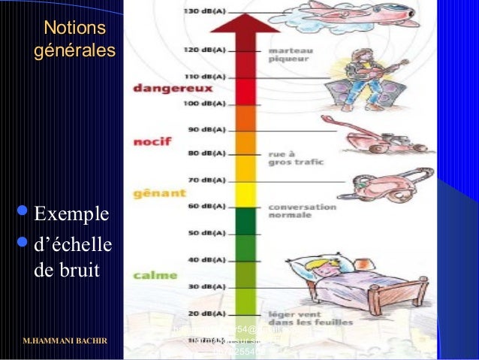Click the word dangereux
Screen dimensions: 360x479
(162, 87)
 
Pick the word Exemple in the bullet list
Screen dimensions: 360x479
(71, 216)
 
